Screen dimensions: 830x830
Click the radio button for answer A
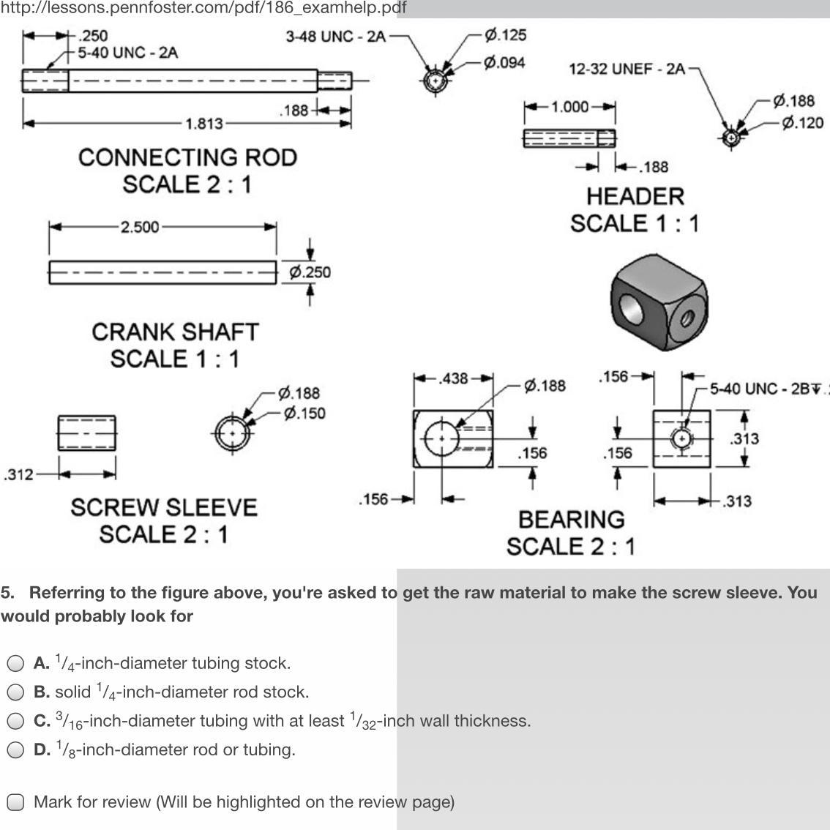[x=15, y=664]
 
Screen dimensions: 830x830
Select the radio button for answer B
[x=15, y=692]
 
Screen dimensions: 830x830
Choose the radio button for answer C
[x=15, y=721]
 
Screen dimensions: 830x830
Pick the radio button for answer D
[x=15, y=749]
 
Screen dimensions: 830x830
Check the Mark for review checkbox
[x=15, y=802]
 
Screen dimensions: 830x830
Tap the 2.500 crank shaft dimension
[x=139, y=227]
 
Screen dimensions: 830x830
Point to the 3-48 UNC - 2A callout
[x=335, y=37]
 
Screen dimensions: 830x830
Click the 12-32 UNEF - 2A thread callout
[x=627, y=69]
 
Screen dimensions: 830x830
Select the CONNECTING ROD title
[x=187, y=158]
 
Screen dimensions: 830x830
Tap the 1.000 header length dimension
[x=569, y=107]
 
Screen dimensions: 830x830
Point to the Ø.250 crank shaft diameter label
[x=310, y=272]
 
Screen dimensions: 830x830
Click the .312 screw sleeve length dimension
[x=18, y=474]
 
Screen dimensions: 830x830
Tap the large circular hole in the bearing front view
[x=441, y=438]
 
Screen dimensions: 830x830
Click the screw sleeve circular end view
[x=233, y=433]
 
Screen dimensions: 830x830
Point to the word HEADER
[x=635, y=196]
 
